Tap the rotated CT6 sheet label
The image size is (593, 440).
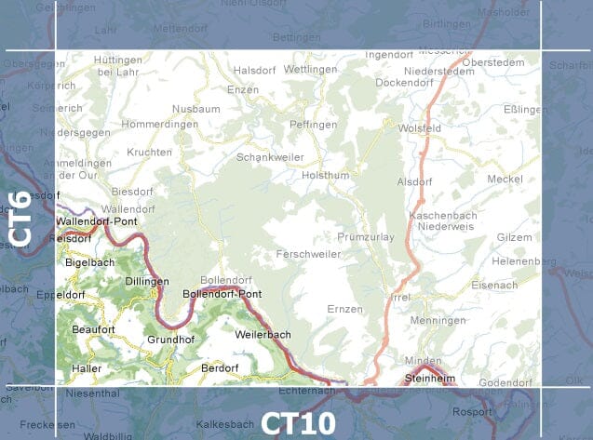tap(20, 218)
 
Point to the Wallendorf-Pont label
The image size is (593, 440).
tap(96, 222)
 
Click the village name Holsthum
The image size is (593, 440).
tap(325, 174)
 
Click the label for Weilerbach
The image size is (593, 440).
tap(263, 334)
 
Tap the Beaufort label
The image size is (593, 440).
tap(93, 329)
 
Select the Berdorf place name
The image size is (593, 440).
tap(220, 367)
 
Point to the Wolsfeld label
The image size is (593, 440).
tap(419, 127)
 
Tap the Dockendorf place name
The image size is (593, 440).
tap(407, 82)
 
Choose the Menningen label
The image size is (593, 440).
tap(438, 320)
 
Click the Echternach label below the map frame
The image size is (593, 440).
tap(326, 392)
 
